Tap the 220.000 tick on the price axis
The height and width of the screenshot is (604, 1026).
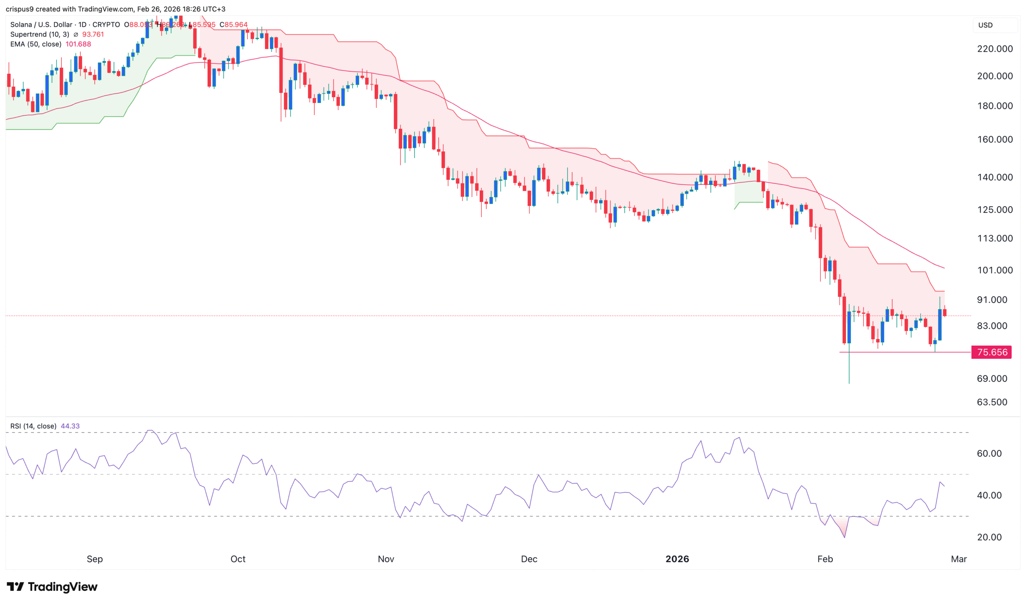coord(995,49)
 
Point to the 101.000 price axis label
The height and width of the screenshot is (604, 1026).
coord(995,270)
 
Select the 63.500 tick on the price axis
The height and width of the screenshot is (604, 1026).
coord(992,402)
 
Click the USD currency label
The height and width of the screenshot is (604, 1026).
coord(985,25)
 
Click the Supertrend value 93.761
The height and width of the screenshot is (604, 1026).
coord(93,34)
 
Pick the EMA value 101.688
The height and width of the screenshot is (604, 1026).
coord(78,44)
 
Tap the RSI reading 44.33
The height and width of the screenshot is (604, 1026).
coord(70,426)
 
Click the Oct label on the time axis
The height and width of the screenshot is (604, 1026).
coord(238,559)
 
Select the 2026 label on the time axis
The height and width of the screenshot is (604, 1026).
coord(677,559)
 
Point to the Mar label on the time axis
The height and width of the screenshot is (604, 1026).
coord(958,559)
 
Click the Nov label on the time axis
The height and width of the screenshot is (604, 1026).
coord(386,559)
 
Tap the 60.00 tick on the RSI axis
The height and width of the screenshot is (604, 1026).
coord(989,453)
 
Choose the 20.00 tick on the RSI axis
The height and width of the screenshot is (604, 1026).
coord(989,537)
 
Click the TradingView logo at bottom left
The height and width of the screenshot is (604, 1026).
coord(52,586)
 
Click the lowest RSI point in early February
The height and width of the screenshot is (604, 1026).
coord(844,537)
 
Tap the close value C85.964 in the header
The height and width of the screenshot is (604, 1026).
coord(234,25)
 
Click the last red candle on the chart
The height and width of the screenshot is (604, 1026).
coord(945,312)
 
